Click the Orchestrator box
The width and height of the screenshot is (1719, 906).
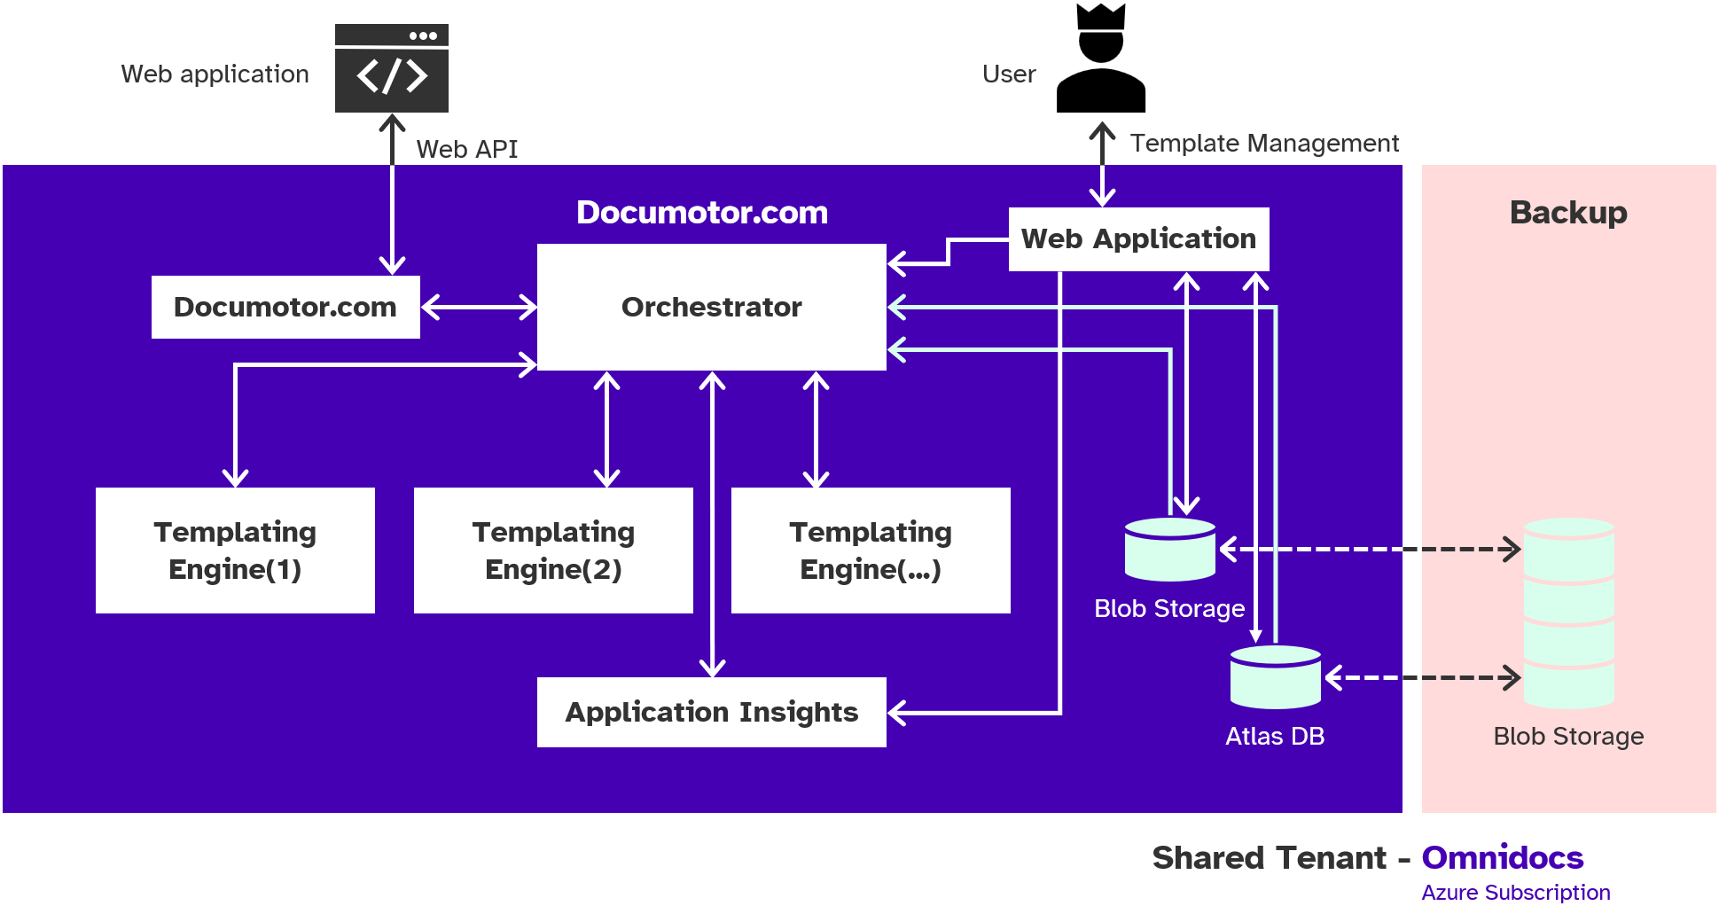711,307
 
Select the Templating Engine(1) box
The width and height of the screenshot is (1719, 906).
235,550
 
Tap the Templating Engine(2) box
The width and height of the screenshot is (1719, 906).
553,550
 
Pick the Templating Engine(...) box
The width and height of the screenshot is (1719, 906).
871,550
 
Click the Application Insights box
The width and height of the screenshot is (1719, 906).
711,712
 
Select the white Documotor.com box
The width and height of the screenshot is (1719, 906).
285,307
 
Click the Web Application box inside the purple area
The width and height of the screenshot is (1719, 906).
1138,238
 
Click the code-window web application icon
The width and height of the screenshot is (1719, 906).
391,68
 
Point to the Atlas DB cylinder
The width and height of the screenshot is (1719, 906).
1276,677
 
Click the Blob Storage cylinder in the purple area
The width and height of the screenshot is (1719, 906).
1169,550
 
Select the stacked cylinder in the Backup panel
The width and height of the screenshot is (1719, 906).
1568,613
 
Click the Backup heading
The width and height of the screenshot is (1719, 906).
1567,213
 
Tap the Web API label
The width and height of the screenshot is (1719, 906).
467,149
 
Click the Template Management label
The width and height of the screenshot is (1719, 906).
1264,143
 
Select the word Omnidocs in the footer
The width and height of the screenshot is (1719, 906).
1502,857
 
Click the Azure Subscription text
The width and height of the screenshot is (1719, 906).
1515,892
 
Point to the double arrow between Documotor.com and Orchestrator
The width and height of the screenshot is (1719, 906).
479,308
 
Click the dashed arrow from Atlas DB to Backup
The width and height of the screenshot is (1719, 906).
1422,678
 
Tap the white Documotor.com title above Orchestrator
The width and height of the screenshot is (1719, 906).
702,213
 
